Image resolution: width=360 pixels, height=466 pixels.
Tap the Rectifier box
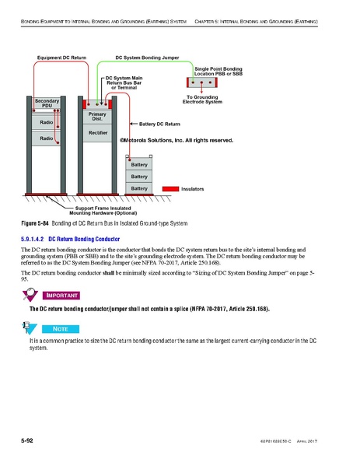pos(98,133)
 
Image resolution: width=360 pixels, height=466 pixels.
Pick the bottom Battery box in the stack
pos(139,188)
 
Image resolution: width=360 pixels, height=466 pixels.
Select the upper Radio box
pos(46,123)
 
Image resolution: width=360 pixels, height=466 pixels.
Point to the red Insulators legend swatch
pos(170,189)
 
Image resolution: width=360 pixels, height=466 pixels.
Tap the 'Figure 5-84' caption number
pos(35,224)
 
